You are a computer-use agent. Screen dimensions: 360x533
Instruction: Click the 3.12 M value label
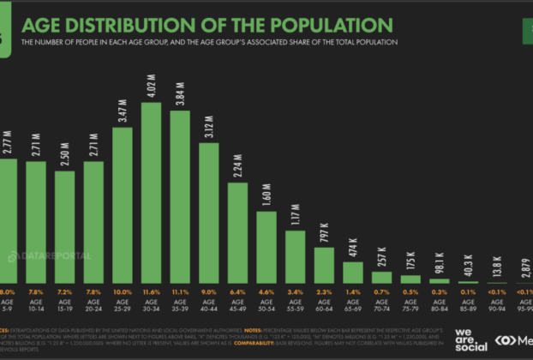tap(209, 128)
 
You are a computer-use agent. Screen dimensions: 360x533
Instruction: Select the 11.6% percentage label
tap(152, 291)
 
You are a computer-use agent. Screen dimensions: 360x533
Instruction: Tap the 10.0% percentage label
tap(123, 291)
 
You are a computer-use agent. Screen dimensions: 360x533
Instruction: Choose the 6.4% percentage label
tap(238, 291)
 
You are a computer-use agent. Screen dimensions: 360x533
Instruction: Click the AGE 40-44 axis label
tap(209, 306)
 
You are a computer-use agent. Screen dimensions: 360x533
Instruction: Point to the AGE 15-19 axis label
tap(65, 306)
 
